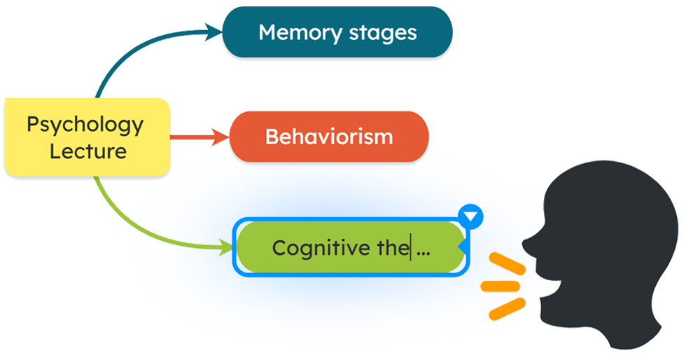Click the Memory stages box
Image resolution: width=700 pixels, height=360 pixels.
(337, 32)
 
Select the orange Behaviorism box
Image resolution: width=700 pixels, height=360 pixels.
(329, 137)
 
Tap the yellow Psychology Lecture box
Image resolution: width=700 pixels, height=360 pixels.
(87, 137)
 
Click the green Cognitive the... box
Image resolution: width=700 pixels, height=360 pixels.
(350, 247)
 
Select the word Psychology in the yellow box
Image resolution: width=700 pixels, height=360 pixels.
(85, 125)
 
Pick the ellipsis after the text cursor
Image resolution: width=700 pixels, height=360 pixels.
(423, 250)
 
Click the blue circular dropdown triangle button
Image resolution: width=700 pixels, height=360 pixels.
(472, 216)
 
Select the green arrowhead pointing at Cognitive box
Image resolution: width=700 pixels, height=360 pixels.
(227, 247)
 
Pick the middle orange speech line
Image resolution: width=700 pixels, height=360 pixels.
(500, 285)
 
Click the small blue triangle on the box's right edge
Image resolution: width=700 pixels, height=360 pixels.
(462, 246)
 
